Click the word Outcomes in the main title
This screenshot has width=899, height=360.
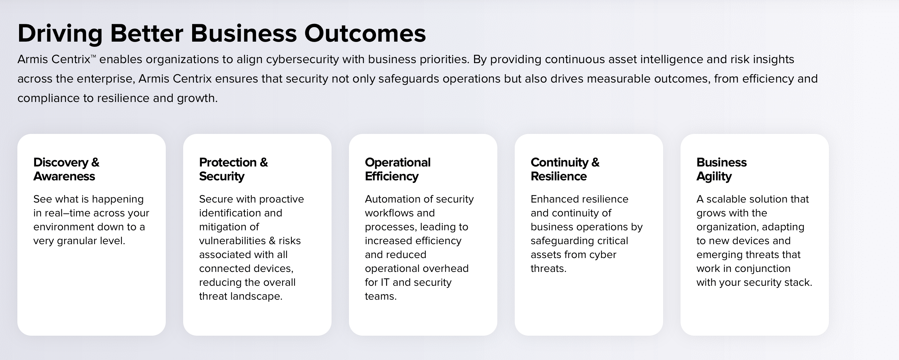pyautogui.click(x=365, y=34)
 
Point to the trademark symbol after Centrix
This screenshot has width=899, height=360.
pyautogui.click(x=93, y=56)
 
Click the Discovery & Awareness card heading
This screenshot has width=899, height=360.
pyautogui.click(x=66, y=169)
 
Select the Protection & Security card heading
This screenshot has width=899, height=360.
pyautogui.click(x=233, y=169)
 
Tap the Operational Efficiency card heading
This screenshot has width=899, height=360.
pyautogui.click(x=397, y=169)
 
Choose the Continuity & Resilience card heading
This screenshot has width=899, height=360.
pyautogui.click(x=565, y=169)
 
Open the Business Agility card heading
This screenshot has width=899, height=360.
pyautogui.click(x=721, y=169)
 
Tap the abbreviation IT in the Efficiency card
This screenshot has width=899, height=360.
pyautogui.click(x=385, y=283)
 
